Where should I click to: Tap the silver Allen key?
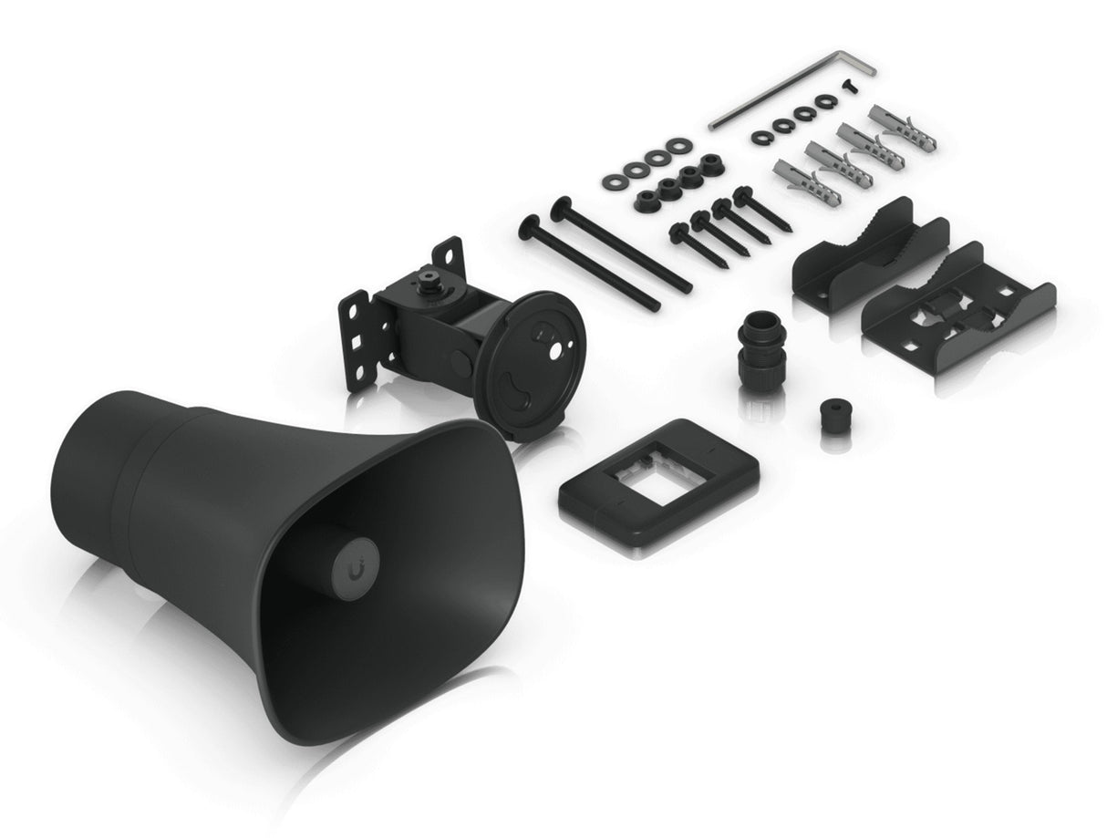(x=784, y=91)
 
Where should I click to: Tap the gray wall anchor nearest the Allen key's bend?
(x=900, y=128)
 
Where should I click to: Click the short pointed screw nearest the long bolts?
(x=680, y=233)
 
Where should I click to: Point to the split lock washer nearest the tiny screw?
(x=826, y=102)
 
